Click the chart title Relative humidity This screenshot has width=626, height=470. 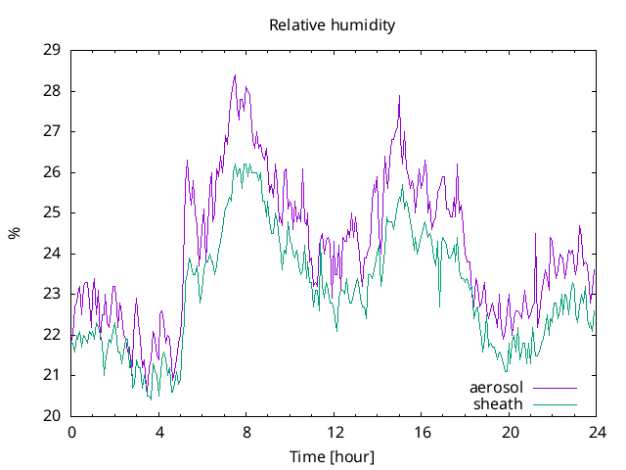pyautogui.click(x=333, y=25)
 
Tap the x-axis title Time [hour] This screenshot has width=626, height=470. pyautogui.click(x=333, y=457)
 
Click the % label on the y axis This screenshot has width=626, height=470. pyautogui.click(x=14, y=233)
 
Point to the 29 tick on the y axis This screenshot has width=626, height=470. pyautogui.click(x=53, y=50)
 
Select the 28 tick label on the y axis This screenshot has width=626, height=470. pyautogui.click(x=53, y=91)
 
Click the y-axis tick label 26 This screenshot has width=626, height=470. pyautogui.click(x=53, y=172)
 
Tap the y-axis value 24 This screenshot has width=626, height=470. pyautogui.click(x=53, y=254)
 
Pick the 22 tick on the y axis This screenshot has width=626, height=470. pyautogui.click(x=53, y=335)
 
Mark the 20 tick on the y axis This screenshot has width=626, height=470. pyautogui.click(x=53, y=416)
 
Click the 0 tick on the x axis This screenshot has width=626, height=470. pyautogui.click(x=71, y=432)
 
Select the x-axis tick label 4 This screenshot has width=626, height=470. pyautogui.click(x=159, y=432)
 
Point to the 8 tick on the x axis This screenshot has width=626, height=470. pyautogui.click(x=246, y=432)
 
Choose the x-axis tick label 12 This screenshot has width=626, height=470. pyautogui.click(x=335, y=432)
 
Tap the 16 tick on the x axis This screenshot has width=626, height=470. pyautogui.click(x=422, y=432)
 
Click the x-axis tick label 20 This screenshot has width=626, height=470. pyautogui.click(x=510, y=432)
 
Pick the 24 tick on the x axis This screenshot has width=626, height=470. pyautogui.click(x=597, y=432)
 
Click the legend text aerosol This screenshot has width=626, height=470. pyautogui.click(x=496, y=388)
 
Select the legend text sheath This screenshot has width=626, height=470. pyautogui.click(x=499, y=403)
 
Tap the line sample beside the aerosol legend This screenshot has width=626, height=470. pyautogui.click(x=555, y=388)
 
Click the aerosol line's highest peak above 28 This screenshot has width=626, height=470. pyautogui.click(x=235, y=75)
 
